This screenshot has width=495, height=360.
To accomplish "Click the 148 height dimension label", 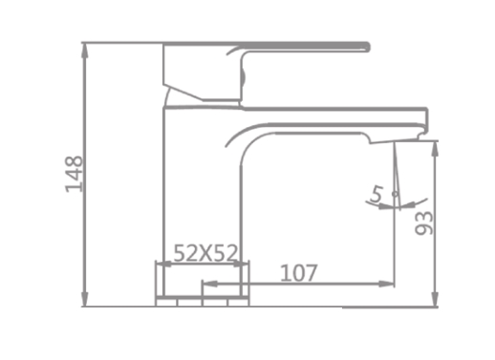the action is click(74, 174).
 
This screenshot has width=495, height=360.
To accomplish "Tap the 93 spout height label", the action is click(424, 223).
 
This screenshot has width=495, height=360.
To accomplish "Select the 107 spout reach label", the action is click(299, 273).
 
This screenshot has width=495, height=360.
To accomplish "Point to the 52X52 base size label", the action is click(205, 253).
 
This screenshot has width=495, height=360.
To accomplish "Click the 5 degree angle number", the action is click(377, 194).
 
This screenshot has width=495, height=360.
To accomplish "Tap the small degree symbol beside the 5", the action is click(396, 194).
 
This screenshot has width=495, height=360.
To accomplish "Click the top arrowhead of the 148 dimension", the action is click(84, 50).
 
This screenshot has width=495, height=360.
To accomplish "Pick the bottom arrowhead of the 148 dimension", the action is click(84, 299).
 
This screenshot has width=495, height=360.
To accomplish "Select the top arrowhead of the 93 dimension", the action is click(435, 149).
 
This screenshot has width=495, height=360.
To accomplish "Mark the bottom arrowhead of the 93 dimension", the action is click(435, 300).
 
